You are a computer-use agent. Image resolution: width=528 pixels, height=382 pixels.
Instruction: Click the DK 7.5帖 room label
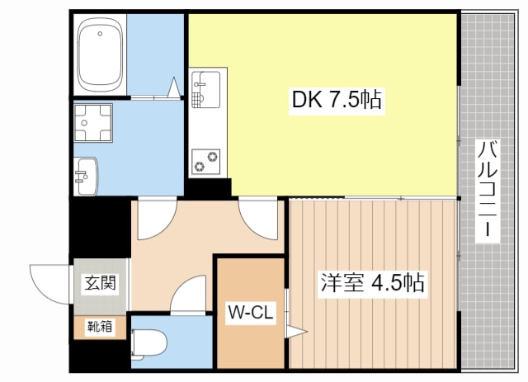pos(337,99)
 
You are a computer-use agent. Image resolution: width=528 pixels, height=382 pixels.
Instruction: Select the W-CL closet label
pos(250,313)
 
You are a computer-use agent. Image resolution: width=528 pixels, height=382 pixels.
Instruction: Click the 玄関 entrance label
pos(100,282)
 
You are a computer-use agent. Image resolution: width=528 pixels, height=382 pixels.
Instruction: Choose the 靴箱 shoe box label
pos(100,327)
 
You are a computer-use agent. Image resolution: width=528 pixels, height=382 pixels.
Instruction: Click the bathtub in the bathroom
pos(100,54)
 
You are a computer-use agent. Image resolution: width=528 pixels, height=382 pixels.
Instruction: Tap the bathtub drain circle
pos(100,33)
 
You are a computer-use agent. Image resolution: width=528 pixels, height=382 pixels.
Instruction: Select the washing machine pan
pos(93,123)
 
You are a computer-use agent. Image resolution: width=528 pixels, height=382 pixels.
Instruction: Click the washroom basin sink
pos(86,176)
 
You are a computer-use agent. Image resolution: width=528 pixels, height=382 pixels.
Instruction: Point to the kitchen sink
pos(205,89)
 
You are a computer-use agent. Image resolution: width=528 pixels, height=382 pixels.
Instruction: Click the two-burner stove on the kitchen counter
pos(205,162)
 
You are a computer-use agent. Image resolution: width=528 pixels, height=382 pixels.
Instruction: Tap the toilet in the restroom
pos(149,342)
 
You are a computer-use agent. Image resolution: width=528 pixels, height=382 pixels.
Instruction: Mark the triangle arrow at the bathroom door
pos(174,87)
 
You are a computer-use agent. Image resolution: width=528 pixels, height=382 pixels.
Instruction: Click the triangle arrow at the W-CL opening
pos(297,332)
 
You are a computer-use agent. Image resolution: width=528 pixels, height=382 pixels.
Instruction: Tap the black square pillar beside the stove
pos(209,187)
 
